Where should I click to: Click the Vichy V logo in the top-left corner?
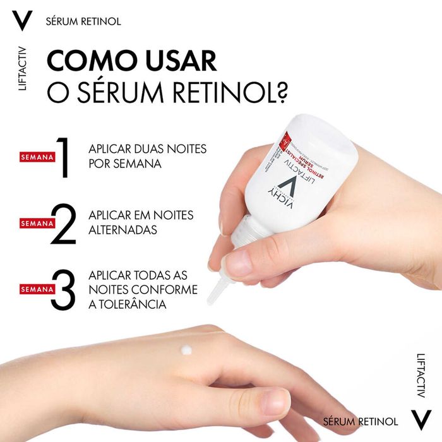point(22,21)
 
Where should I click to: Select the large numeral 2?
point(63,224)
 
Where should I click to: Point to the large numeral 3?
point(63,290)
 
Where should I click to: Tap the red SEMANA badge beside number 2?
point(36,224)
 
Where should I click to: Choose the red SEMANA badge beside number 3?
point(36,290)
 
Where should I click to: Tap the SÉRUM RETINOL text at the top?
point(83,21)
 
